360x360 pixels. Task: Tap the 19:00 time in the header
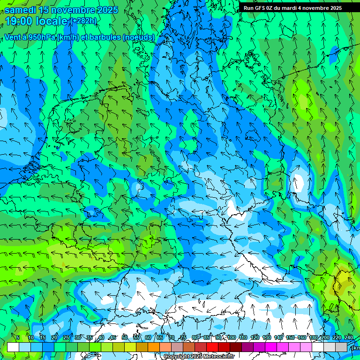click(20, 22)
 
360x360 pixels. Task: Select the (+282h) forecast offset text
click(83, 21)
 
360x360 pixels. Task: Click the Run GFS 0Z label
click(260, 7)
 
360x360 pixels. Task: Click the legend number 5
click(18, 337)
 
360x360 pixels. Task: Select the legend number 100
click(232, 337)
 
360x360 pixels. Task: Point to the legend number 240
click(349, 337)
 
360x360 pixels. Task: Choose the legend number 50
click(125, 337)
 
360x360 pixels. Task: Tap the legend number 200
click(325, 337)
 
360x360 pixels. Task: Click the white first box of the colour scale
click(13, 347)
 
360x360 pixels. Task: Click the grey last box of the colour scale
click(341, 347)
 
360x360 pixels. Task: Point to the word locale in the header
click(52, 22)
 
